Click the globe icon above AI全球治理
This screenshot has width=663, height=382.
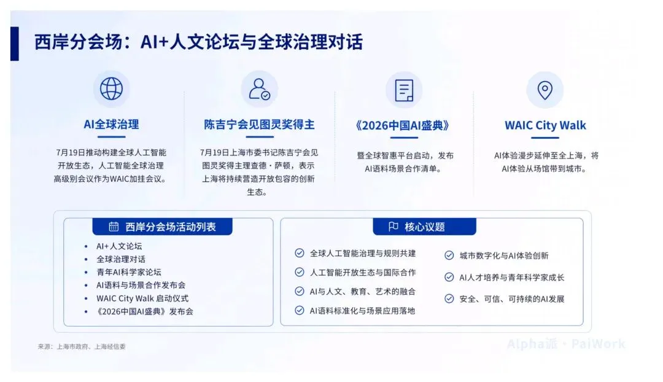point(111,88)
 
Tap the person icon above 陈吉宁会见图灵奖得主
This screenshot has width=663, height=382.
point(259,89)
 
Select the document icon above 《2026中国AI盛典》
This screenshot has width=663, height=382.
point(404,90)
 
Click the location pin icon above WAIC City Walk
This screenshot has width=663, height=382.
point(545,90)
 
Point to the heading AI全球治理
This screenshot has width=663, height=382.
point(111,125)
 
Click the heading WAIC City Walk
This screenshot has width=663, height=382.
point(545,125)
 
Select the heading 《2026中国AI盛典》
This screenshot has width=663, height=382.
point(402,125)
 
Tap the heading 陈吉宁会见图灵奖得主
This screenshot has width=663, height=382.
point(259,125)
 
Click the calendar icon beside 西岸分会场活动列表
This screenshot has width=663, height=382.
point(114,227)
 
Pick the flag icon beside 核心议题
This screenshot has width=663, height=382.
point(394,227)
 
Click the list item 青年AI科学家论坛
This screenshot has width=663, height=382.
point(128,272)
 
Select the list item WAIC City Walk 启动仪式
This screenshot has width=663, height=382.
point(142,298)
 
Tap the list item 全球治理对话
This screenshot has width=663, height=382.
point(121,259)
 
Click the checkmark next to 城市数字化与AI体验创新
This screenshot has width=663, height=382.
point(449,255)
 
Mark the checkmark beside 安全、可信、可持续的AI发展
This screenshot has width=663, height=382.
point(449,298)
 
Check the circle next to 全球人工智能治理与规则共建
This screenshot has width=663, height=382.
point(300,253)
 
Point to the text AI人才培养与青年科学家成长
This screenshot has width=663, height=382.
point(511,278)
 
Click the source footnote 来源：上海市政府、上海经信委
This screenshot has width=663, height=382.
point(82,346)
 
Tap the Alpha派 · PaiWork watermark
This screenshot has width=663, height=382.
point(566,343)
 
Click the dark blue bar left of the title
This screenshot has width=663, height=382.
point(14,44)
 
